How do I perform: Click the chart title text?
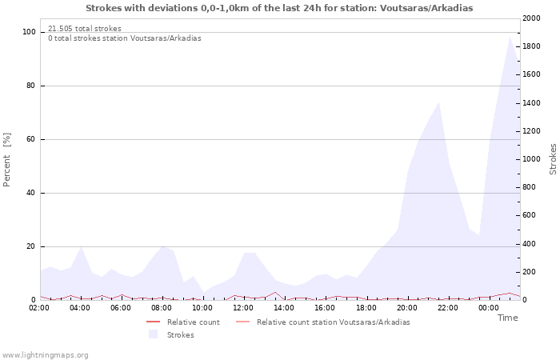pyautogui.click(x=279, y=8)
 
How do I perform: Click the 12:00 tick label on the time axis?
pyautogui.click(x=243, y=308)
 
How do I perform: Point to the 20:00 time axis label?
pyautogui.click(x=406, y=308)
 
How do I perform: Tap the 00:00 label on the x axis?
pyautogui.click(x=489, y=308)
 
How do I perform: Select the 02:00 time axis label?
pyautogui.click(x=39, y=308)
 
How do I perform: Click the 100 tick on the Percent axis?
pyautogui.click(x=29, y=32)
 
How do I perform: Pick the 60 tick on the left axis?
pyautogui.click(x=31, y=139)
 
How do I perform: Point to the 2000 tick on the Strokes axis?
pyautogui.click(x=531, y=18)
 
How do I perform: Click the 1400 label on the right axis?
pyautogui.click(x=531, y=103)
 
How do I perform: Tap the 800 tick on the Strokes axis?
pyautogui.click(x=530, y=187)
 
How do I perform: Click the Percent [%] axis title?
pyautogui.click(x=6, y=160)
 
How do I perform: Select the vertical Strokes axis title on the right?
pyautogui.click(x=553, y=159)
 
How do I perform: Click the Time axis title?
pyautogui.click(x=507, y=318)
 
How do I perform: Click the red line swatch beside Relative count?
pyautogui.click(x=154, y=322)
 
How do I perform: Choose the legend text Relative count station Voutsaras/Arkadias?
pyautogui.click(x=334, y=322)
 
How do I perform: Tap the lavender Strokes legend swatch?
pyautogui.click(x=154, y=334)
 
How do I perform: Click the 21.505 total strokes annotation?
pyautogui.click(x=85, y=29)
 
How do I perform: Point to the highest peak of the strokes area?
pyautogui.click(x=510, y=37)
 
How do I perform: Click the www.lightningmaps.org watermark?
pyautogui.click(x=45, y=355)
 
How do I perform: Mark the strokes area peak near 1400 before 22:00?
pyautogui.click(x=438, y=102)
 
